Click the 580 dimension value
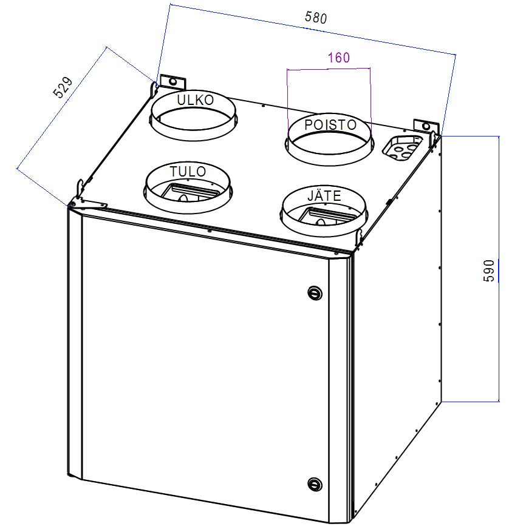(316, 18)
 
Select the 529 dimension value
(63, 87)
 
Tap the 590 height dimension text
(490, 270)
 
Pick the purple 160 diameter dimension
(338, 58)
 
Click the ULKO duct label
(195, 100)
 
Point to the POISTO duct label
(330, 124)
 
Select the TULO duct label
(188, 172)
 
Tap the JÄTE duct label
(324, 197)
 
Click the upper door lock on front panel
(314, 292)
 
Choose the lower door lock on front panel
(314, 483)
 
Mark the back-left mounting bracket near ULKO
(171, 81)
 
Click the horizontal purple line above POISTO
(328, 69)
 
